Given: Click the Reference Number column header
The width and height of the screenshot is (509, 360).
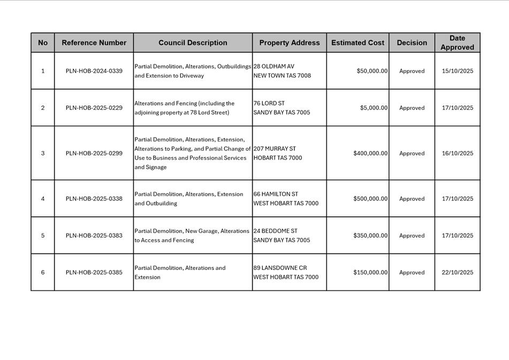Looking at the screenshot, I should click(x=94, y=43).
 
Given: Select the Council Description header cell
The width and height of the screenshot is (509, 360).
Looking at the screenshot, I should click(x=193, y=43).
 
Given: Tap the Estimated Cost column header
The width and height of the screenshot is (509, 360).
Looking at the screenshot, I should click(x=358, y=43).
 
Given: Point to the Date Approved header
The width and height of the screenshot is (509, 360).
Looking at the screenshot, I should click(x=457, y=43).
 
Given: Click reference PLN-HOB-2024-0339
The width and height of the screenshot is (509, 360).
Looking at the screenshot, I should click(x=94, y=71).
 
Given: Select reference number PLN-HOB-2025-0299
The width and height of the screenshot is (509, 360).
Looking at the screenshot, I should click(x=94, y=153).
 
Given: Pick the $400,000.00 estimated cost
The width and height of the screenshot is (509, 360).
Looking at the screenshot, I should click(x=370, y=153).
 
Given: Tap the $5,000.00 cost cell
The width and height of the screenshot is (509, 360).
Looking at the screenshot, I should click(x=374, y=108).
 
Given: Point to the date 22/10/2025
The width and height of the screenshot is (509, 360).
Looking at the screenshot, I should click(x=457, y=272).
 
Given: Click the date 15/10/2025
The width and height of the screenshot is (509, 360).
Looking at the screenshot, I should click(x=457, y=71).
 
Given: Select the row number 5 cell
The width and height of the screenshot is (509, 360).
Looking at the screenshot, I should click(x=43, y=236).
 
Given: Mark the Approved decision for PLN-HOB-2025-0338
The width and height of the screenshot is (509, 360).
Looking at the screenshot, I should click(x=412, y=199).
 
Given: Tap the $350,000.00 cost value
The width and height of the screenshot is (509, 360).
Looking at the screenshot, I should click(x=370, y=236).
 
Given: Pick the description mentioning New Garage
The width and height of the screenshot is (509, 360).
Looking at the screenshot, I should click(x=192, y=236).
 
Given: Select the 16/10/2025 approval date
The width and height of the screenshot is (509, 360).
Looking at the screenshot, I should click(x=457, y=153).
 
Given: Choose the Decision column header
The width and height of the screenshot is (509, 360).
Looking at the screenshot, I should click(x=412, y=43).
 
